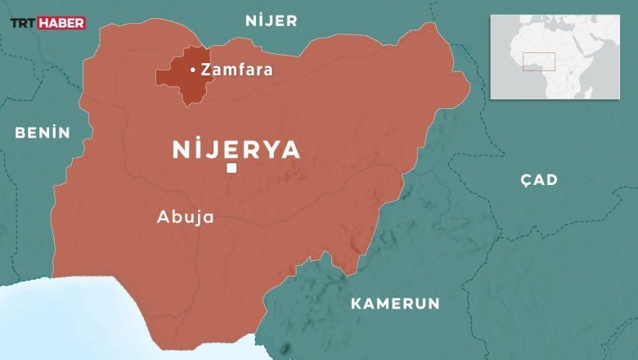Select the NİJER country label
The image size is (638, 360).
[272, 21]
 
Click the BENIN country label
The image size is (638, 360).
[43, 133]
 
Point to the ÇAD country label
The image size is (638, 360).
[538, 180]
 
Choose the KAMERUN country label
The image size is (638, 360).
[395, 304]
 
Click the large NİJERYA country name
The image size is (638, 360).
[236, 149]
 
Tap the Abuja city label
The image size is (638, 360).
[185, 218]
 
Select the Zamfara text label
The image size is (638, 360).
[236, 70]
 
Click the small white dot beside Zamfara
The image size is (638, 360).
[192, 70]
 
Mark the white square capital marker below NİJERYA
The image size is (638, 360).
[231, 169]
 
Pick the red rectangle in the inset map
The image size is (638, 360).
[539, 61]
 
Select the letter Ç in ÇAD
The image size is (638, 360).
[525, 180]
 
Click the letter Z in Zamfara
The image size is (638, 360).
[205, 70]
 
